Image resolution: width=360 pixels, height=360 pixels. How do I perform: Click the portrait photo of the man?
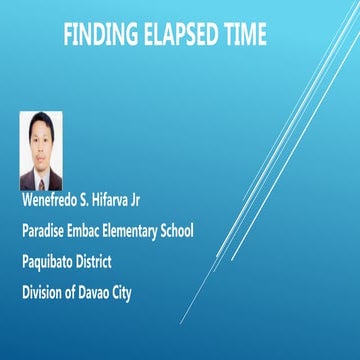point(41,151)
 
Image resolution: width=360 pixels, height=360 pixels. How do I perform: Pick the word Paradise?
point(45,231)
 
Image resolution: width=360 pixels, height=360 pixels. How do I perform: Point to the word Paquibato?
point(51,262)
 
